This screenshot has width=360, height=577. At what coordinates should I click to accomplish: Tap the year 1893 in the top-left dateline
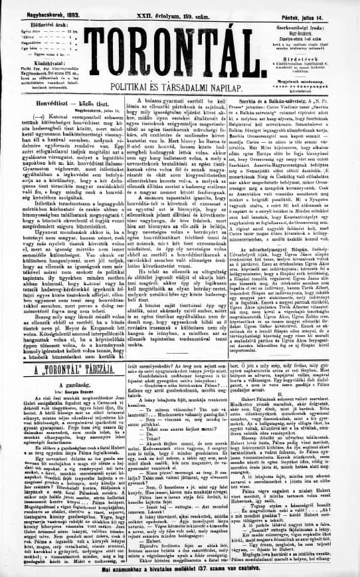(x=55, y=5)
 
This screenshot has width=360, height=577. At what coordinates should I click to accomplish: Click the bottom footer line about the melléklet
(x=179, y=571)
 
